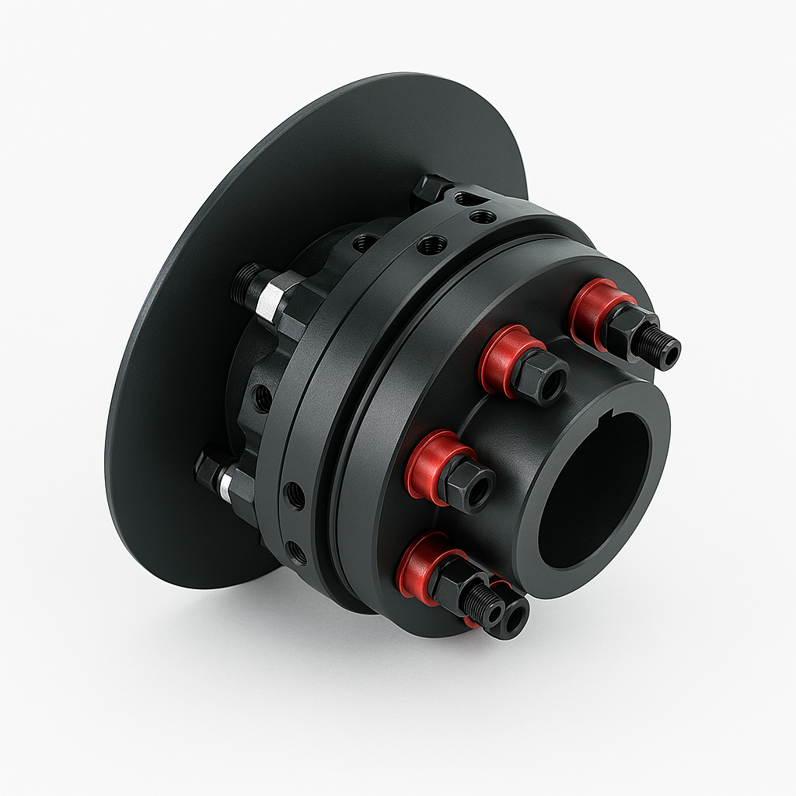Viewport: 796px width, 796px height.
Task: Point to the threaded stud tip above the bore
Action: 662,347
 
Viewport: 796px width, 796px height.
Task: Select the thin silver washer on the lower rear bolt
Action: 225,486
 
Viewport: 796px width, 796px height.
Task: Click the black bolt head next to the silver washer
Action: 208,471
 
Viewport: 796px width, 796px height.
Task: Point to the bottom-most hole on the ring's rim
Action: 295,553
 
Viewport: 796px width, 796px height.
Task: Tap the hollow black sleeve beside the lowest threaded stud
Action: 513,618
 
